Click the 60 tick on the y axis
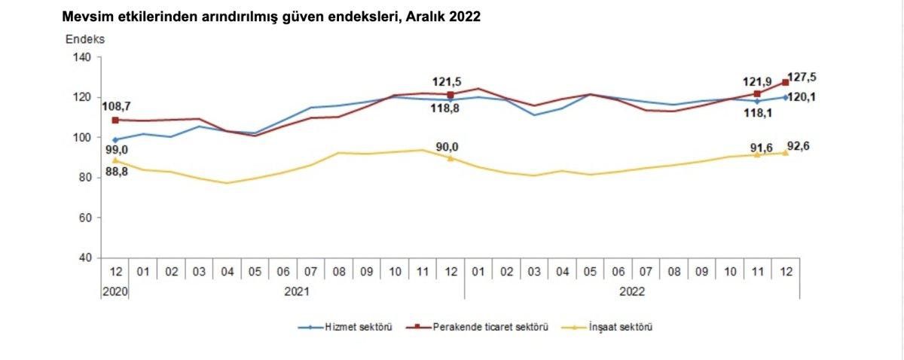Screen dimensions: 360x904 tap(84, 218)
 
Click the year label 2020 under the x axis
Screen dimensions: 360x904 tap(115, 288)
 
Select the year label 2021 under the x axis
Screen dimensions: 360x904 tap(298, 288)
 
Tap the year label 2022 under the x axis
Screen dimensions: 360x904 tap(632, 288)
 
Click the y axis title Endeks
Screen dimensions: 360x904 tap(84, 38)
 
